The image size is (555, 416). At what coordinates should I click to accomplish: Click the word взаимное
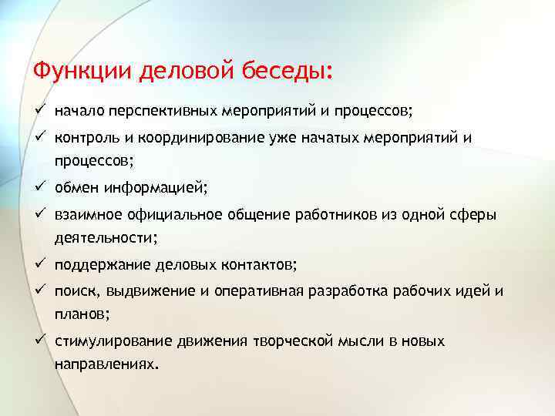pos(83,214)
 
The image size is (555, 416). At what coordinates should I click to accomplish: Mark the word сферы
pos(474,214)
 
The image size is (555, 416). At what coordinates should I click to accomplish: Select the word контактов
pos(261,265)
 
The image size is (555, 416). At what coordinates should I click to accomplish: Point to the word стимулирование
pos(104,341)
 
